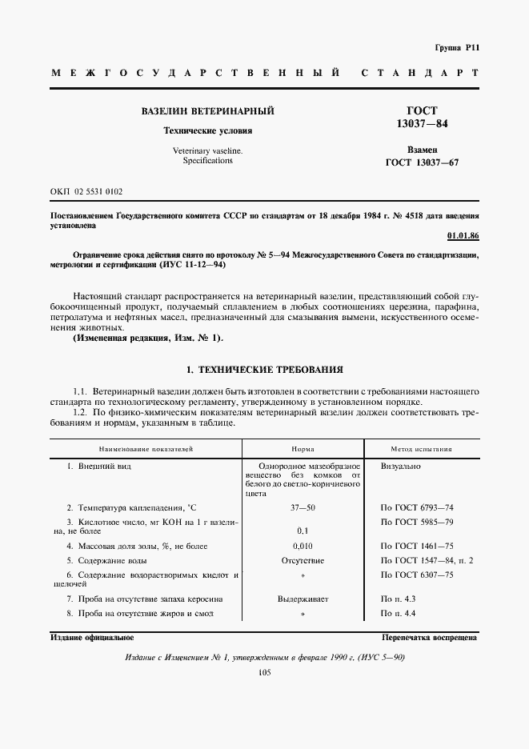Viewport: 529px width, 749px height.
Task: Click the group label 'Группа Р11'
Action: click(456, 48)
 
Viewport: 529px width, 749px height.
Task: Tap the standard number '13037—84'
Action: click(422, 124)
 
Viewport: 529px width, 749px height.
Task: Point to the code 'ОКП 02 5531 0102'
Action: click(86, 192)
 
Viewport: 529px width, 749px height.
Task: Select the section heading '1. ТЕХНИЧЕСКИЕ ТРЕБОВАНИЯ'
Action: click(264, 370)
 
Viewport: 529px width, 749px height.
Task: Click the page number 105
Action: click(265, 673)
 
